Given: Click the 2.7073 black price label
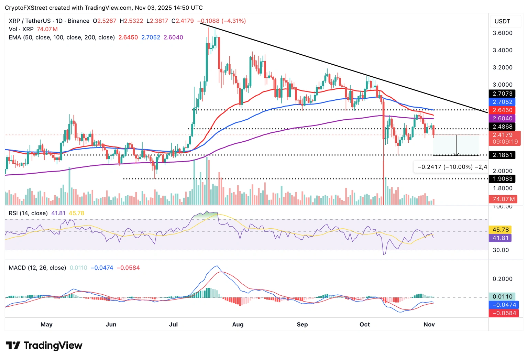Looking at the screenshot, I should [x=502, y=94].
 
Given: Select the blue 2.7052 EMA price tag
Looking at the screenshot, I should [x=502, y=102].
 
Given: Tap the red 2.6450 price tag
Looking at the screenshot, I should [x=502, y=110].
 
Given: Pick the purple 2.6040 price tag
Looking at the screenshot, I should [x=502, y=118].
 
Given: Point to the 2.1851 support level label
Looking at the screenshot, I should [x=502, y=155].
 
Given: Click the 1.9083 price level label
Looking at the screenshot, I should [x=502, y=179].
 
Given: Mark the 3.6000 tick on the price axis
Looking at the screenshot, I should [x=502, y=33].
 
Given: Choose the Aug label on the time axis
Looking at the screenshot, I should [x=238, y=324].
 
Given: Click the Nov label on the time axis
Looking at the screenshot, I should [x=429, y=324].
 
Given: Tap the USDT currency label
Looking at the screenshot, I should [x=502, y=21].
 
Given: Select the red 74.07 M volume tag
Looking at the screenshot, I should [x=504, y=199].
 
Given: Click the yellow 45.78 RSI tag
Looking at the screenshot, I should [x=500, y=230].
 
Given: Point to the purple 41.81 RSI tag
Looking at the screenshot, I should [x=500, y=238].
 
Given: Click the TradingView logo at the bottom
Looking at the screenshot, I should [x=44, y=345].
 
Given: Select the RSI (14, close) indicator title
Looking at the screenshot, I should [x=28, y=213].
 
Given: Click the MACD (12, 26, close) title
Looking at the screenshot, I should [x=37, y=268].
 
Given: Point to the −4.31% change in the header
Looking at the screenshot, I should [x=234, y=21].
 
